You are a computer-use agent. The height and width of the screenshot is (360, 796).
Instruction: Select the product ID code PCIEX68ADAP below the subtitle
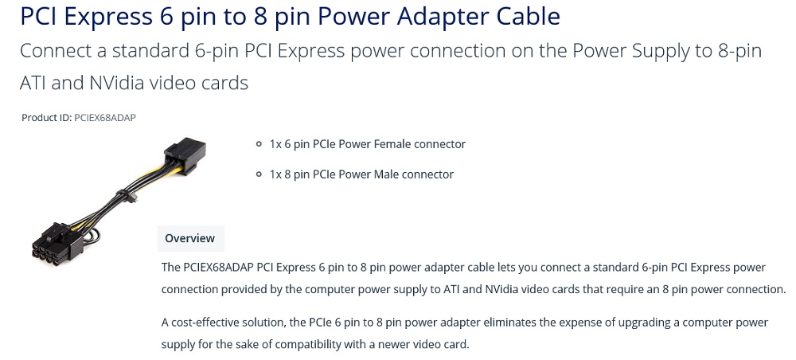point(105,118)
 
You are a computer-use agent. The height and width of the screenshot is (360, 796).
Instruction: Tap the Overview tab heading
point(190,238)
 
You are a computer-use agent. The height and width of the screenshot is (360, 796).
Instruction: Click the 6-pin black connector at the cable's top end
point(185,154)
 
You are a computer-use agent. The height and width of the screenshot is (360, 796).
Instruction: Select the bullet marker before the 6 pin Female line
point(259,144)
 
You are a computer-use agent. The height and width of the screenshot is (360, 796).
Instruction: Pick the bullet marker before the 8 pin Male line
point(259,174)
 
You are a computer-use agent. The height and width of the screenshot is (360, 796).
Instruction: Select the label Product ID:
point(47,118)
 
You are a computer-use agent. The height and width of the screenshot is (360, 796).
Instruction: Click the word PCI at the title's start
point(40,16)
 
